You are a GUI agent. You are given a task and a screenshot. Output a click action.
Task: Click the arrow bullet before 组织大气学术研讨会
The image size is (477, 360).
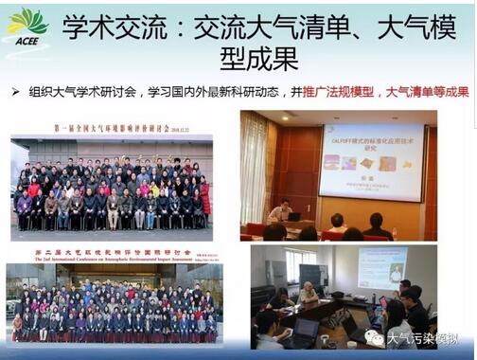click(16, 94)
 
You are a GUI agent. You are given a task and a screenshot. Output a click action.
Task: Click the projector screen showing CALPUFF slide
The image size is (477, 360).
click(370, 162)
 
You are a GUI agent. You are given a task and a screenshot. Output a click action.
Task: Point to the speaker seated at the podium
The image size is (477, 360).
click(281, 209)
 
